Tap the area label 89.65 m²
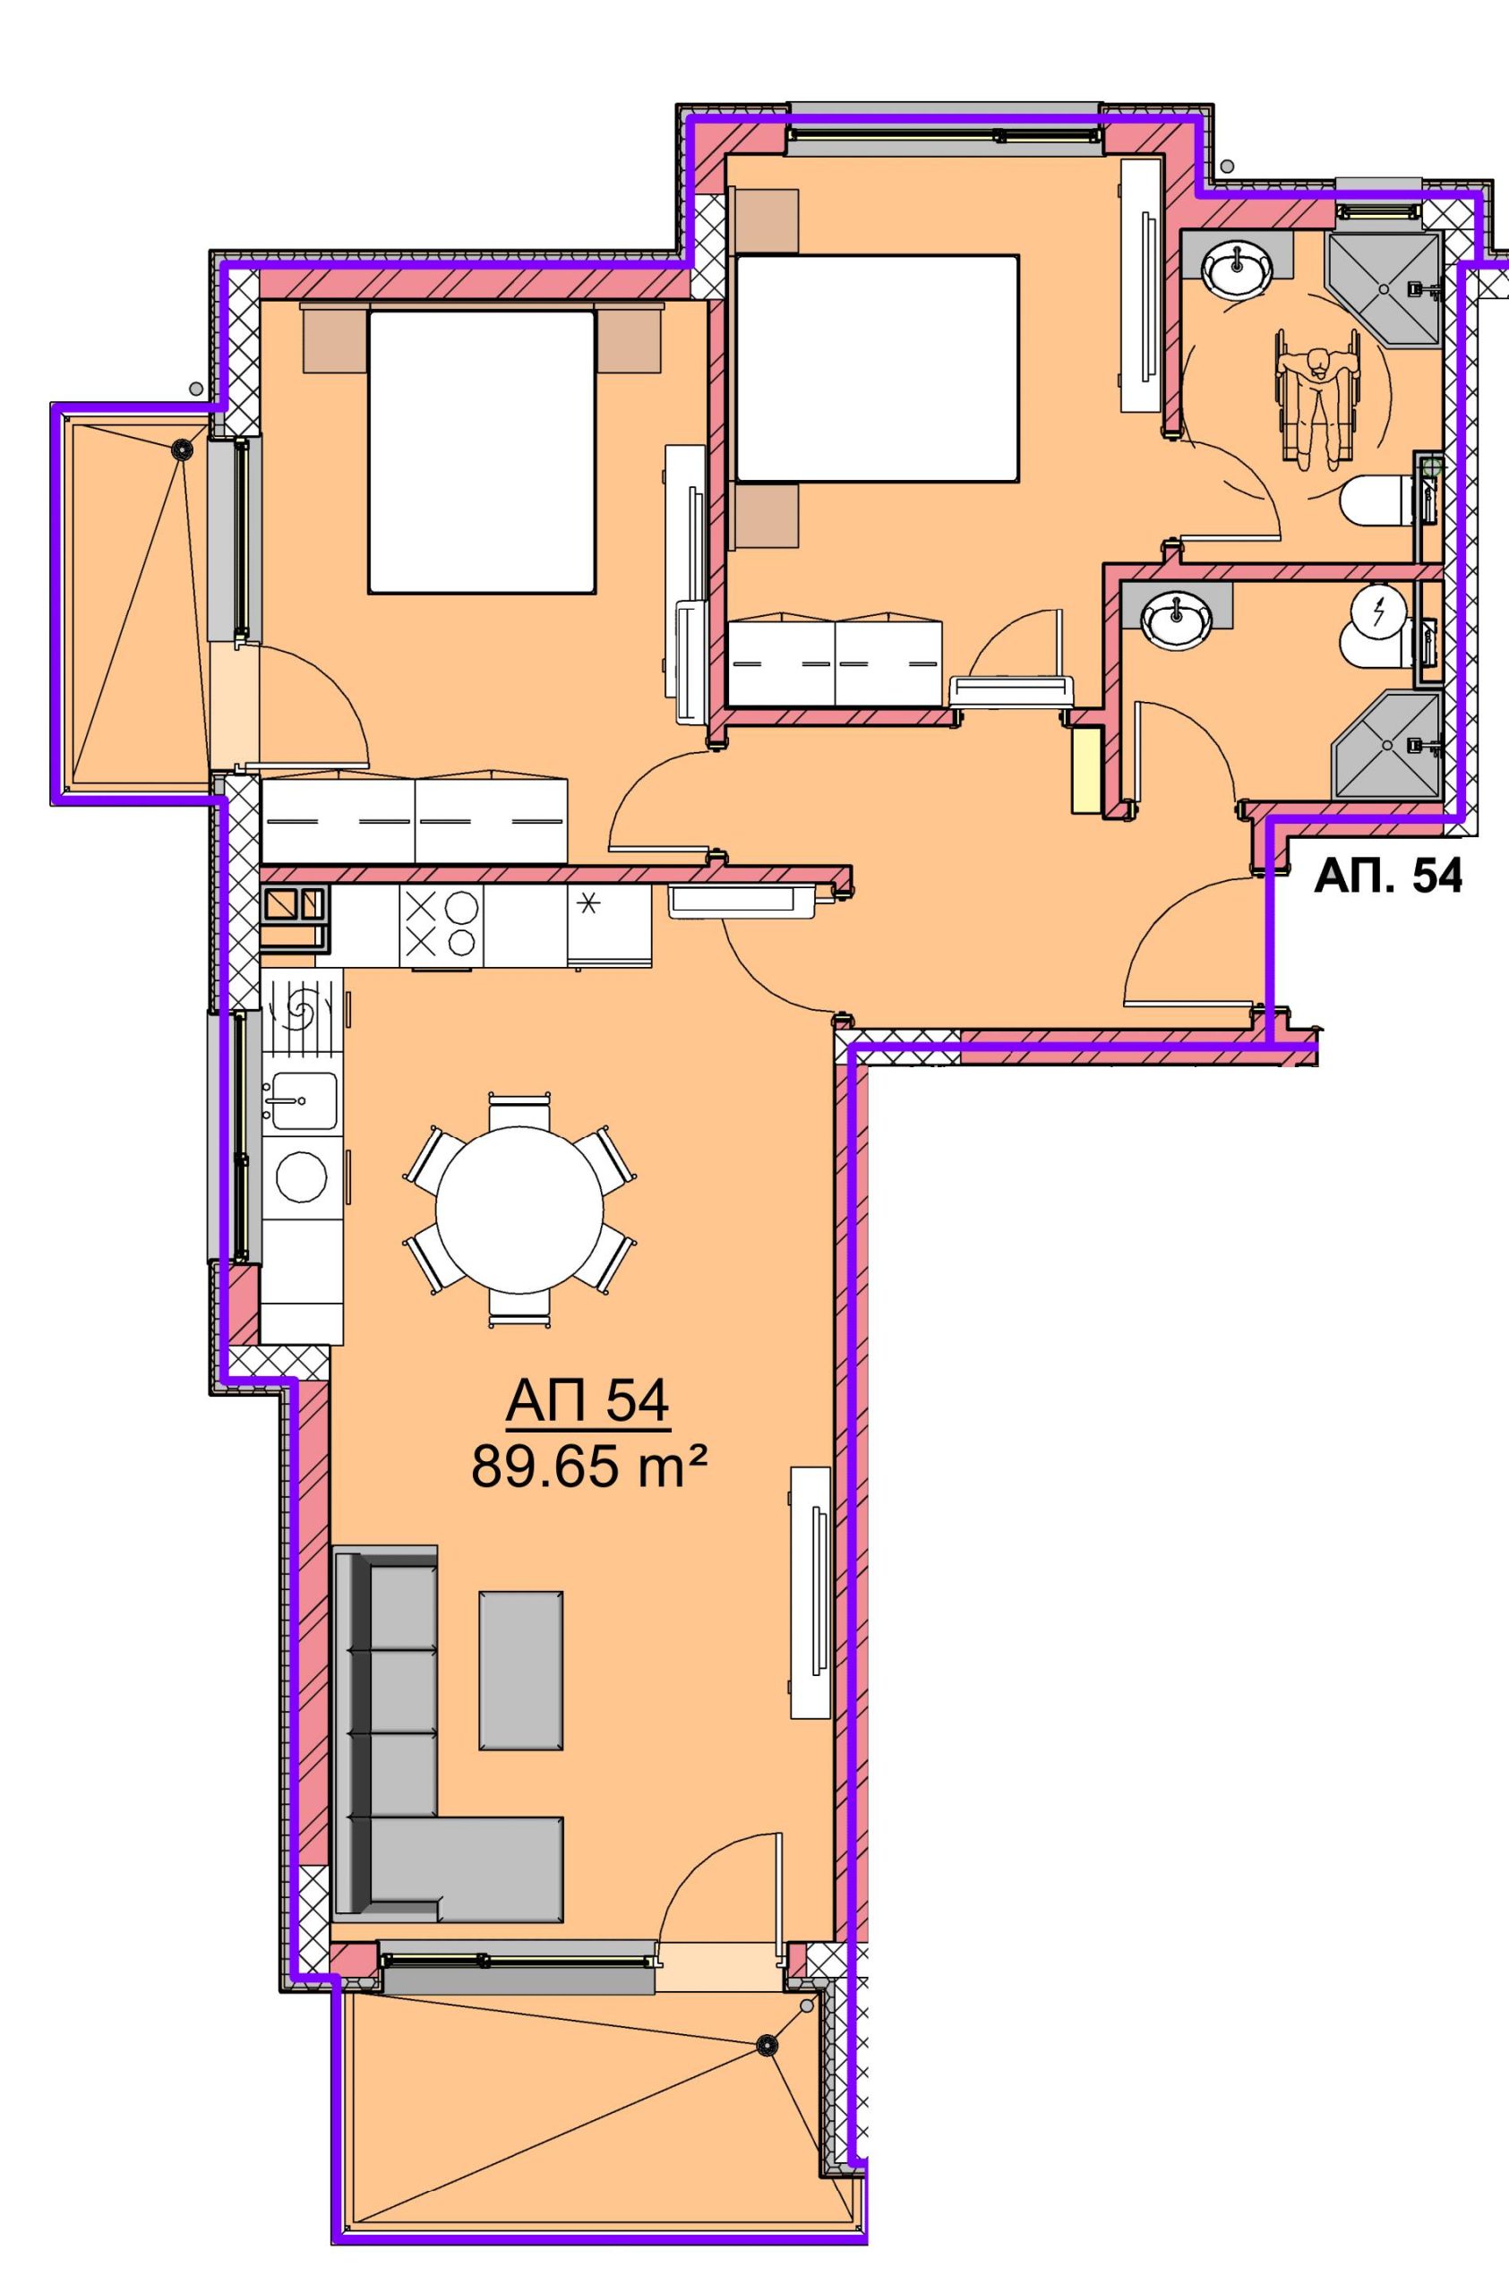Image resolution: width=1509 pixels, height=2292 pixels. coord(589,1470)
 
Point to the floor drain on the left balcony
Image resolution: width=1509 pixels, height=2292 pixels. coord(180,448)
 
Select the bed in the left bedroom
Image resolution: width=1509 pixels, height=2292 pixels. coord(481,450)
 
